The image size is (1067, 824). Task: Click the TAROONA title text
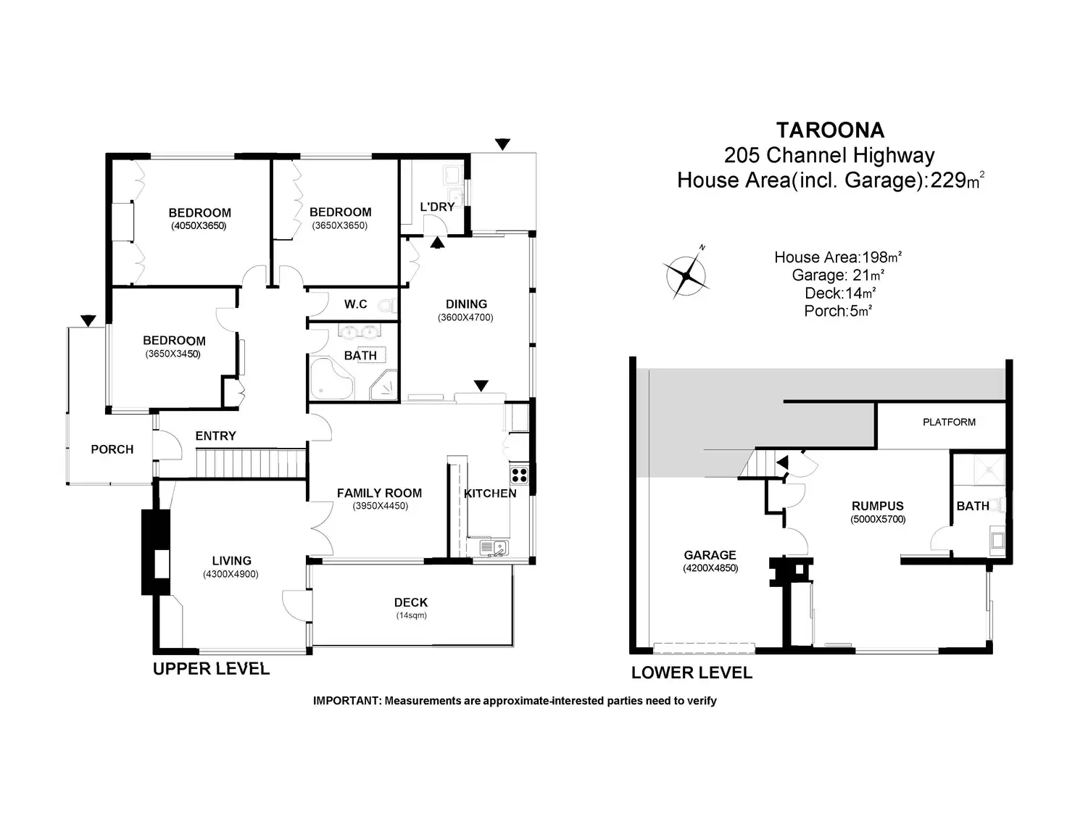[830, 130]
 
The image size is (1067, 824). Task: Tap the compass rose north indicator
[686, 275]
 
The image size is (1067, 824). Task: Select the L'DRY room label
[437, 207]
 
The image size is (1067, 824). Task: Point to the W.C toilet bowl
[387, 305]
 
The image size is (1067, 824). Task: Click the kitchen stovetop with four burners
[520, 475]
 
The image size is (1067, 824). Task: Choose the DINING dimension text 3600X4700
[465, 317]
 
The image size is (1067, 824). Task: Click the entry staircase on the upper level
[251, 463]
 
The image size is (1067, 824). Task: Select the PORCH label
[112, 449]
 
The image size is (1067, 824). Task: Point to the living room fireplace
[156, 553]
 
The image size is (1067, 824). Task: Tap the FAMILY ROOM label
[379, 493]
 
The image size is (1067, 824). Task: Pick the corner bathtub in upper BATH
[331, 378]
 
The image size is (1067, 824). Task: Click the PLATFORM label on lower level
[949, 422]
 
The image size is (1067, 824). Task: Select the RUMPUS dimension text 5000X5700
[878, 519]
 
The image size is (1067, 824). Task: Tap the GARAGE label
[710, 555]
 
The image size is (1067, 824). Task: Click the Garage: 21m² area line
[838, 275]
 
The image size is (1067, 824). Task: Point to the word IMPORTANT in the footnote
[346, 701]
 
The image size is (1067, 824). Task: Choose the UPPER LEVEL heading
[211, 668]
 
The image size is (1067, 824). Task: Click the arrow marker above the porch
[88, 321]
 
